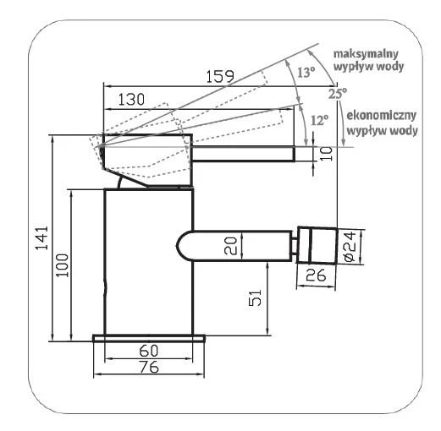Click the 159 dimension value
(x=220, y=76)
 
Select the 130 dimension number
(x=131, y=99)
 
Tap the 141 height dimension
(x=41, y=237)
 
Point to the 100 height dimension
(x=62, y=265)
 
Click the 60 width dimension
(x=149, y=351)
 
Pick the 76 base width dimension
(x=149, y=367)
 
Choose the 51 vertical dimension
(x=255, y=297)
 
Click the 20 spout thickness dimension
(x=230, y=246)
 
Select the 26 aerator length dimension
(x=316, y=275)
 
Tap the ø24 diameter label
(x=350, y=247)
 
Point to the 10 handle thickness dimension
(x=327, y=154)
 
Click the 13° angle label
(x=306, y=73)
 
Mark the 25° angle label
(x=338, y=93)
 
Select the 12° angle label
(x=320, y=120)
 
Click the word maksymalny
(x=366, y=53)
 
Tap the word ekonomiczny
(x=381, y=116)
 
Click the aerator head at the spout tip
(x=317, y=245)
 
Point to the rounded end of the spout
(x=184, y=245)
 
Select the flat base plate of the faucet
(x=149, y=338)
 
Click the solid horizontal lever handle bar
(x=244, y=154)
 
